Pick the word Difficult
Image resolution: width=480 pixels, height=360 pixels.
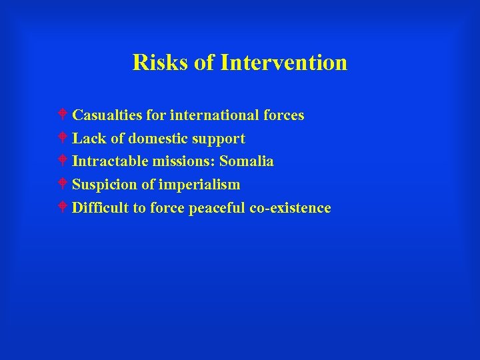point(100,208)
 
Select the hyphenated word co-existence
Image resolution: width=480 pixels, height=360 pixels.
point(290,208)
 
